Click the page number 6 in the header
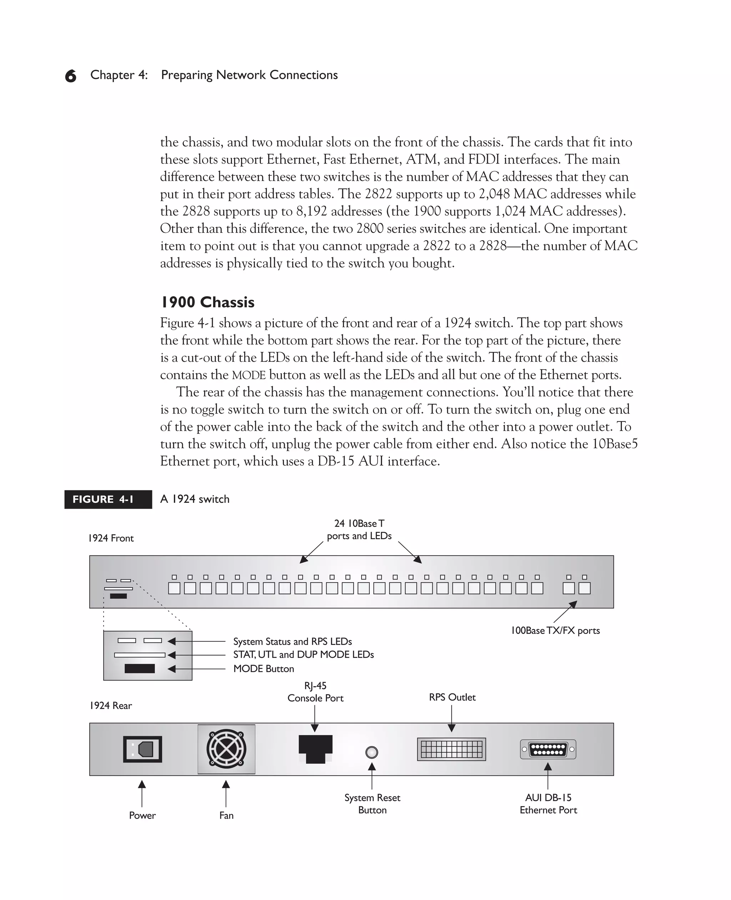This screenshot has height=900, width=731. tap(71, 76)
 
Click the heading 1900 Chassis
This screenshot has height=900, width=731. tap(208, 302)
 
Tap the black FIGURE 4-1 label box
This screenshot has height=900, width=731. tap(108, 499)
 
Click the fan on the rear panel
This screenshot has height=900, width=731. tap(226, 749)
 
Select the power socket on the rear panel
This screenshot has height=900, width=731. tap(143, 749)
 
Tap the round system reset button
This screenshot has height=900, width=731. tap(372, 752)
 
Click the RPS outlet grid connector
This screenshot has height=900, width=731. tap(452, 749)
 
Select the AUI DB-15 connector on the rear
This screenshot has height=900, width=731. tap(548, 749)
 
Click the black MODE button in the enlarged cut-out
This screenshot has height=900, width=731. tap(140, 669)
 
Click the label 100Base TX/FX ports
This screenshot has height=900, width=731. tap(555, 631)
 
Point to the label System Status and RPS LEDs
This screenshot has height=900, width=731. tap(292, 641)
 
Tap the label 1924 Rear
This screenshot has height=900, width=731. tap(111, 705)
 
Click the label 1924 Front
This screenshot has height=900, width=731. tap(111, 538)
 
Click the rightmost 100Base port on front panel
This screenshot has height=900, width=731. tap(584, 588)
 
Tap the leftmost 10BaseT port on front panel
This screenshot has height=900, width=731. tap(174, 588)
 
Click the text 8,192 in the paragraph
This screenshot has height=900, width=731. tap(312, 211)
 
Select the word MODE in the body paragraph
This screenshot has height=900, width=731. tap(249, 375)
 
